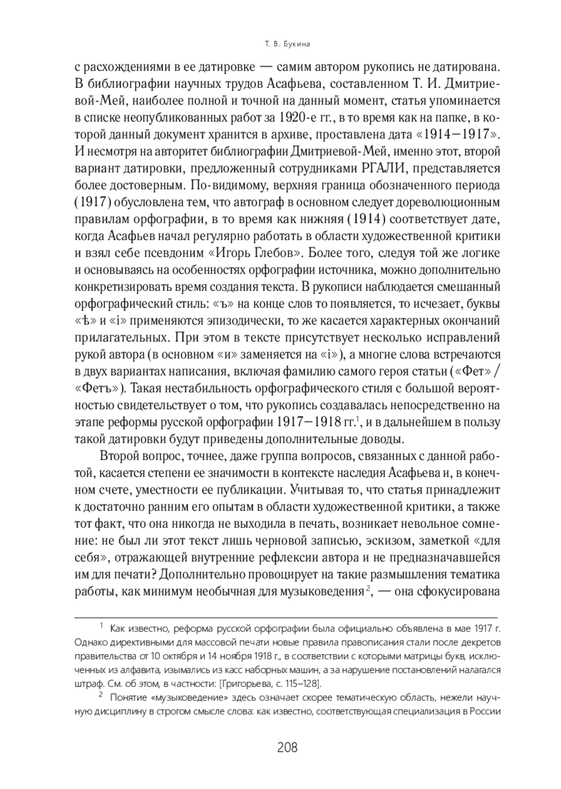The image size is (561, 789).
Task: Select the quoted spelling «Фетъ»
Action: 99,388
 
